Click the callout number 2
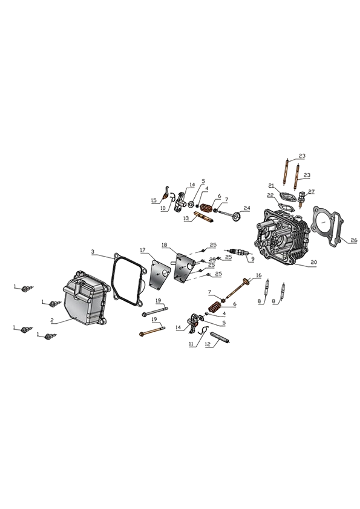pyautogui.click(x=51, y=320)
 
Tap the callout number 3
pyautogui.click(x=93, y=252)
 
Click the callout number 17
pyautogui.click(x=143, y=250)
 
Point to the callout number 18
pyautogui.click(x=164, y=245)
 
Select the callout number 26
pyautogui.click(x=353, y=240)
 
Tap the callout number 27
pyautogui.click(x=312, y=192)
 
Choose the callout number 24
pyautogui.click(x=247, y=208)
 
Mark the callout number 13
pyautogui.click(x=186, y=219)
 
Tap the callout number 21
pyautogui.click(x=272, y=185)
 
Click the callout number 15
pyautogui.click(x=154, y=200)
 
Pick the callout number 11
pyautogui.click(x=191, y=343)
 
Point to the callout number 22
pyautogui.click(x=270, y=195)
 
